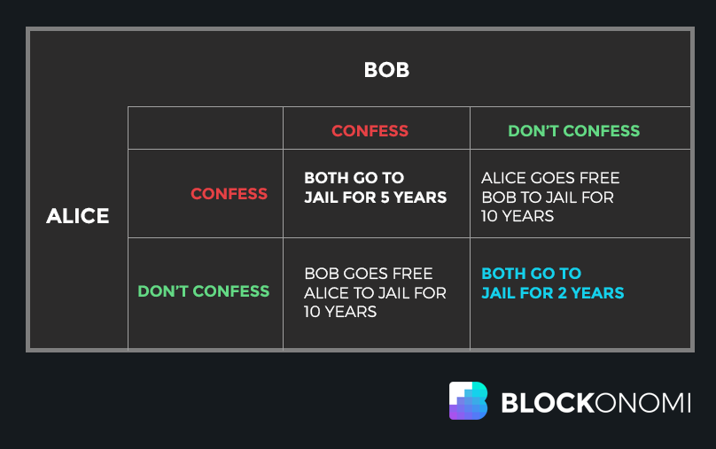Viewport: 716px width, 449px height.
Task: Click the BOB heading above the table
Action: [386, 70]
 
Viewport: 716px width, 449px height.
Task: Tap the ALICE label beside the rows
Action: [78, 216]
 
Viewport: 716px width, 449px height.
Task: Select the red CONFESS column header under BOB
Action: [370, 131]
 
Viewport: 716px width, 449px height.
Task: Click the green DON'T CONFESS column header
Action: [574, 131]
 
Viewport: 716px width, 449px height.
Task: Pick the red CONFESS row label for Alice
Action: [229, 194]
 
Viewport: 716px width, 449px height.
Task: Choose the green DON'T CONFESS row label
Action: [204, 291]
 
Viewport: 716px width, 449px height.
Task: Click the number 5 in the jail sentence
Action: [385, 197]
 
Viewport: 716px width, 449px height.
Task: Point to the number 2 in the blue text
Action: [562, 293]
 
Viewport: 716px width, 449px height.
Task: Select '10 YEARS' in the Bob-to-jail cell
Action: [518, 216]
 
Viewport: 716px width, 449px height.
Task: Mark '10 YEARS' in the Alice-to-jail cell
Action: [340, 312]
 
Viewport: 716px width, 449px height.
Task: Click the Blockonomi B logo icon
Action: [468, 400]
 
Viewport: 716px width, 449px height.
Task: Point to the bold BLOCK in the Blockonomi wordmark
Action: [547, 403]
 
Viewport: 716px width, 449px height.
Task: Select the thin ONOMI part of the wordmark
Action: [642, 403]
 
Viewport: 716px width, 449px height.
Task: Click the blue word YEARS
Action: [597, 293]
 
